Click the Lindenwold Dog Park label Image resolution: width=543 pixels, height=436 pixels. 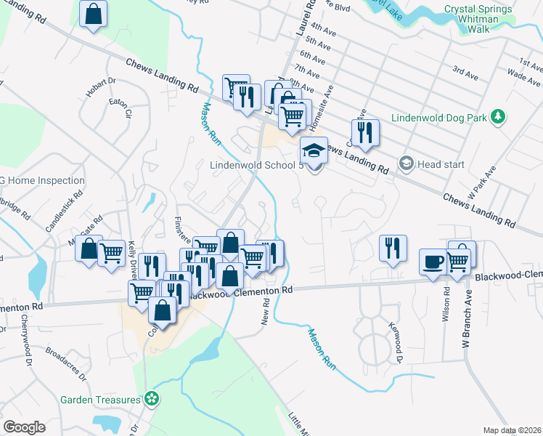(x=438, y=117)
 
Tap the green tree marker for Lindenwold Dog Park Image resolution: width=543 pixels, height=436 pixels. (x=497, y=116)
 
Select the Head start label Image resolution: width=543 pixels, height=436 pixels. (x=441, y=164)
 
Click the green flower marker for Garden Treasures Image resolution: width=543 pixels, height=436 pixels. (x=152, y=398)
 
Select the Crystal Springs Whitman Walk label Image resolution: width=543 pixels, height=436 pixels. (x=478, y=19)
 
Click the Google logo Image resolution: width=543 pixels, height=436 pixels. (x=24, y=427)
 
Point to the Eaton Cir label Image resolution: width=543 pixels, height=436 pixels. (x=118, y=109)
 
